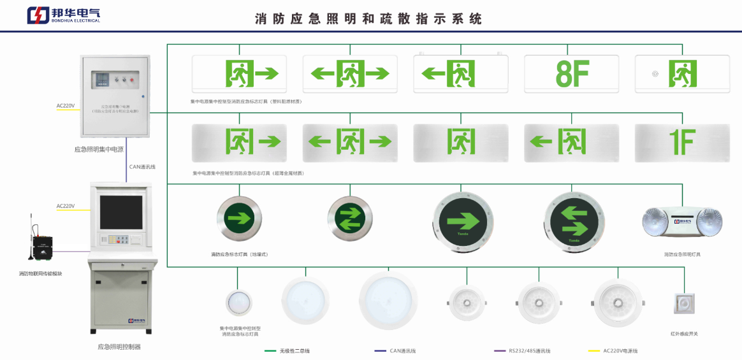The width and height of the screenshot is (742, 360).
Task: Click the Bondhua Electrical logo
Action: click(63, 15)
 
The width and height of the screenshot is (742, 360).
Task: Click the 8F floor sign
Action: click(571, 74)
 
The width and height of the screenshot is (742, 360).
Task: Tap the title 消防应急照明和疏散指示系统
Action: click(368, 18)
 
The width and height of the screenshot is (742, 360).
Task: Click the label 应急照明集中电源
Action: click(99, 150)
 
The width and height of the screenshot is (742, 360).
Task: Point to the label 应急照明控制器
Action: click(119, 347)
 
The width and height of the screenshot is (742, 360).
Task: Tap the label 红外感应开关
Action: click(684, 333)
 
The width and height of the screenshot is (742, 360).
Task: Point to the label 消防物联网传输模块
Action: click(41, 274)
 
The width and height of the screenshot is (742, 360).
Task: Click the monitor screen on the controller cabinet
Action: click(120, 212)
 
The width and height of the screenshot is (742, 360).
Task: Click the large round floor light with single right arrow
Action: click(463, 222)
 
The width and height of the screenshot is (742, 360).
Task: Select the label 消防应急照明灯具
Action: click(682, 254)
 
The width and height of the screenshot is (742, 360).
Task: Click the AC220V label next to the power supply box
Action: click(66, 106)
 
